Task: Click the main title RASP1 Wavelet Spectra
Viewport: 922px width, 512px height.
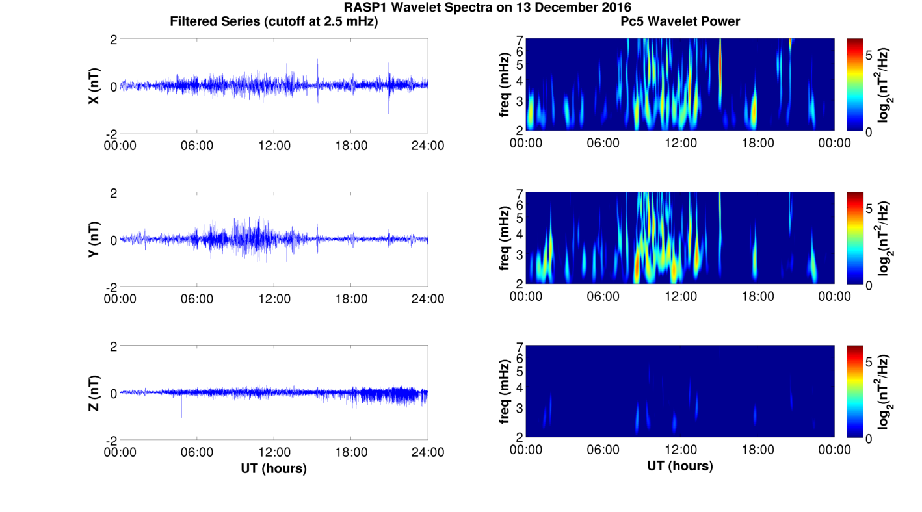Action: (x=488, y=8)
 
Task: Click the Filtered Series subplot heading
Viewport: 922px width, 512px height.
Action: (x=274, y=21)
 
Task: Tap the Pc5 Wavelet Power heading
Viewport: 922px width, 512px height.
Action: (x=680, y=21)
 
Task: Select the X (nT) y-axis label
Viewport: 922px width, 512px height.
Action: (x=94, y=86)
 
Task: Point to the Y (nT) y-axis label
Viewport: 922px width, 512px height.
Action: (x=94, y=240)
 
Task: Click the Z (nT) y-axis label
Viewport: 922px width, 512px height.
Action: (x=94, y=393)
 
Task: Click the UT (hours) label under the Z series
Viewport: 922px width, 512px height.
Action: (x=274, y=468)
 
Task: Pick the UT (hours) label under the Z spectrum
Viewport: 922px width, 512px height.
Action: (x=680, y=466)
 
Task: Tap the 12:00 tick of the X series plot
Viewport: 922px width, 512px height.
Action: (x=274, y=146)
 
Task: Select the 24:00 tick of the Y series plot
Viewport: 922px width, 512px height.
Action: (x=427, y=299)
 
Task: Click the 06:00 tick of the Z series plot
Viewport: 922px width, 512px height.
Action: (x=197, y=452)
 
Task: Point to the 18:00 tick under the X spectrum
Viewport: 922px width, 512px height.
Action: (x=757, y=143)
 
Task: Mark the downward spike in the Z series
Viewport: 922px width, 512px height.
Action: (x=181, y=409)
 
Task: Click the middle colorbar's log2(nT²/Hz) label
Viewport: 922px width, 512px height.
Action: (x=884, y=239)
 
